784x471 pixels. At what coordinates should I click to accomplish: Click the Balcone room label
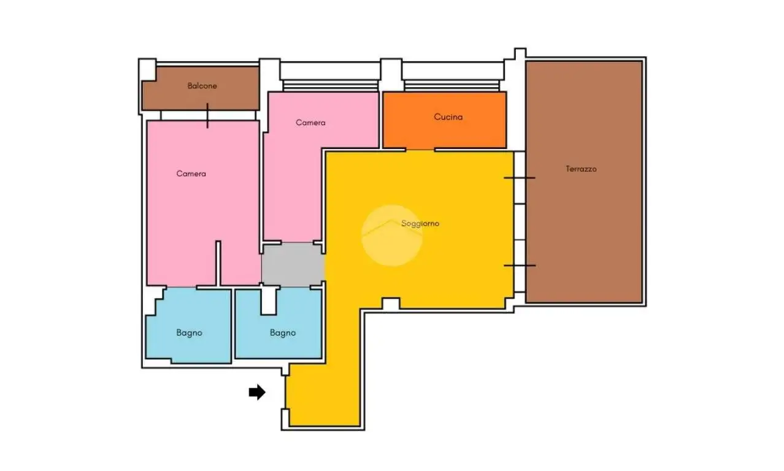tap(202, 86)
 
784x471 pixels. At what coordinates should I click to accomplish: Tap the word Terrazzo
tap(581, 169)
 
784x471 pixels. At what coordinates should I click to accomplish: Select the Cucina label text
tap(448, 117)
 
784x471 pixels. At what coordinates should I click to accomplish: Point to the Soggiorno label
tap(420, 223)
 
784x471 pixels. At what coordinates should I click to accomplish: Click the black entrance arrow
tap(257, 392)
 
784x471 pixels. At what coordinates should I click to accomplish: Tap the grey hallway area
tap(293, 264)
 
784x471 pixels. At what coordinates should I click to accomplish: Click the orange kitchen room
tap(445, 120)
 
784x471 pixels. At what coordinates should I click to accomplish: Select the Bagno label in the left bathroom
tap(189, 333)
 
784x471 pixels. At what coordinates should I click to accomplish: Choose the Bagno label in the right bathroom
tap(283, 333)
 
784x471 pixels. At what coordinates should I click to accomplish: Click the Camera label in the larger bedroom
tap(191, 174)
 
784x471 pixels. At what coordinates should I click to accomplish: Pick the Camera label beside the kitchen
tap(310, 123)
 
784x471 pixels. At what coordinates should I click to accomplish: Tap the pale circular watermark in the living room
tap(391, 235)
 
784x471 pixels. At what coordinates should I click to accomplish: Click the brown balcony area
tap(201, 88)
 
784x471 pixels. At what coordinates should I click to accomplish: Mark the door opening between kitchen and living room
tap(420, 150)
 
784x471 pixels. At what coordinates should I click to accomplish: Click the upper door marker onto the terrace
tap(520, 178)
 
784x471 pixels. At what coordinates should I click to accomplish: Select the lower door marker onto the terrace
tap(520, 266)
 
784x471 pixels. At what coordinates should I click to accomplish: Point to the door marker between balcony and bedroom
tap(207, 115)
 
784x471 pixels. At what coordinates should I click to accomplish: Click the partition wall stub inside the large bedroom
tap(218, 263)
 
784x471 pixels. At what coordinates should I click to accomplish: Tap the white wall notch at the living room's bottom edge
tap(391, 304)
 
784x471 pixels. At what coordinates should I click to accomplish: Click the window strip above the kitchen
tap(452, 86)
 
